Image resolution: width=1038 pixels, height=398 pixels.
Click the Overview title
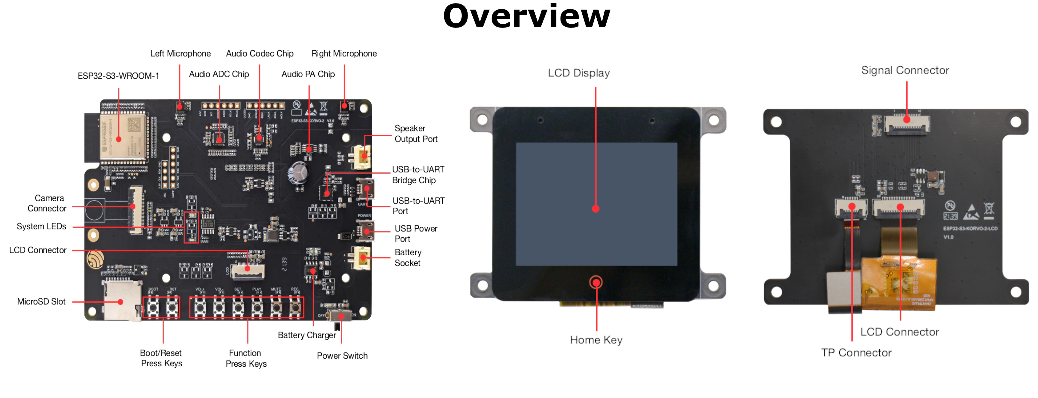(x=526, y=17)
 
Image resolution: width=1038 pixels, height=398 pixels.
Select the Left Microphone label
(x=180, y=54)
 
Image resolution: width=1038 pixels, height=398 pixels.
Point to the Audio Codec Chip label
(x=259, y=54)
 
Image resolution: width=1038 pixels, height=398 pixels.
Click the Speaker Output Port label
(x=415, y=133)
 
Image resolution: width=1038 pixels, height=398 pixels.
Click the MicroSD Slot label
(x=41, y=302)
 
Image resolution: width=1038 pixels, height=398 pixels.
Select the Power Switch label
(x=342, y=356)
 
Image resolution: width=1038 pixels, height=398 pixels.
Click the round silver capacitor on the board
(x=298, y=173)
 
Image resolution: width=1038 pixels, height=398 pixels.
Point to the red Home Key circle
(x=596, y=282)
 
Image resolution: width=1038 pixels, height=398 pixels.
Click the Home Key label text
(x=596, y=340)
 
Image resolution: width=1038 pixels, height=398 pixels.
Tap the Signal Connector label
(x=905, y=70)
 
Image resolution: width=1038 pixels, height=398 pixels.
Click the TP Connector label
(x=856, y=353)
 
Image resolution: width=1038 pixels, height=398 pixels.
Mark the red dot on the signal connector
(x=906, y=120)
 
